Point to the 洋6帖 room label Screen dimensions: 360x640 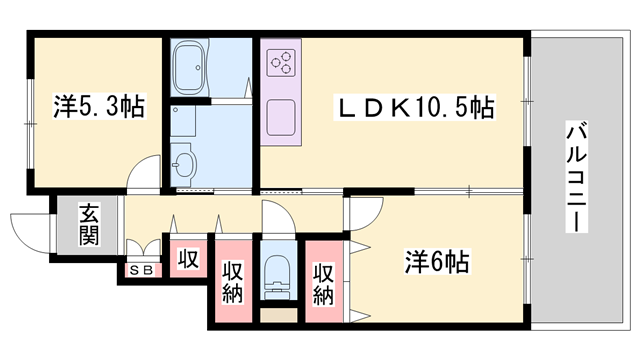(x=436, y=263)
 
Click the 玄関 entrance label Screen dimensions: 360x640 (x=89, y=224)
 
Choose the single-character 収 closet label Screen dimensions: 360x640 (x=188, y=259)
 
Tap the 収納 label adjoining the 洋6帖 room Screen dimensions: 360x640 (x=324, y=284)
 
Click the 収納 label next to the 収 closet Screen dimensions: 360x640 (x=232, y=284)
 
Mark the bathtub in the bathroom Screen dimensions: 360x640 (x=191, y=68)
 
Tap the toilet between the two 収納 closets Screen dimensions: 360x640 (x=277, y=273)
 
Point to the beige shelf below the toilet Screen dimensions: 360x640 (x=277, y=315)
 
